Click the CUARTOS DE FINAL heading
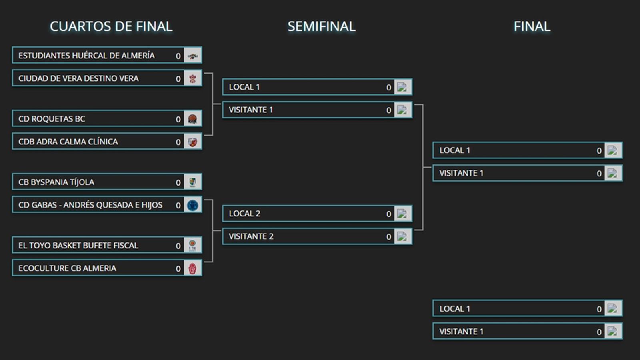coord(111,26)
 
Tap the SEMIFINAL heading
coord(321,26)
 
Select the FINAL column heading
coord(532,26)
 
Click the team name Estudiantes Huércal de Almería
coord(86,56)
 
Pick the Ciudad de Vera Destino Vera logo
coord(192,78)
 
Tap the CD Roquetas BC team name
coord(52,119)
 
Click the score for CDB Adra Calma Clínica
coord(178,142)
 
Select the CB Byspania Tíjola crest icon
coord(192,182)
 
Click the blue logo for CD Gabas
coord(192,205)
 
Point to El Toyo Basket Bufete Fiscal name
coord(78,245)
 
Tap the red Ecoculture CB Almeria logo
coord(192,268)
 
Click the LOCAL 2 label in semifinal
coord(244,214)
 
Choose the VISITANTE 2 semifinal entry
coord(251,236)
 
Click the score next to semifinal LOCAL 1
coord(388,88)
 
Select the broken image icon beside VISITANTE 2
coord(402,236)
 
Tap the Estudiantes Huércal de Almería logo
coord(192,56)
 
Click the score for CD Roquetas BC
coord(178,119)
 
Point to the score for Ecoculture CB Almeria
coord(178,269)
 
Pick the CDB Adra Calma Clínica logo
coord(192,142)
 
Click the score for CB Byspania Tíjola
coord(178,182)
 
